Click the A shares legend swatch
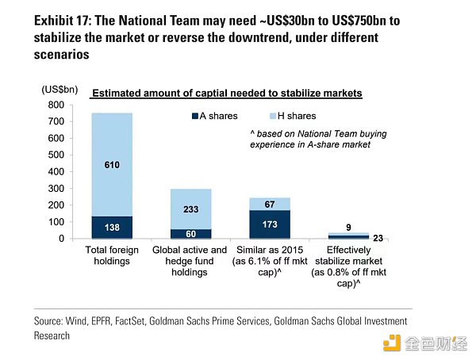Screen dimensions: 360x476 pos(196,117)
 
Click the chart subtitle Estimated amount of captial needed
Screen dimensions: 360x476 pos(227,94)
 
